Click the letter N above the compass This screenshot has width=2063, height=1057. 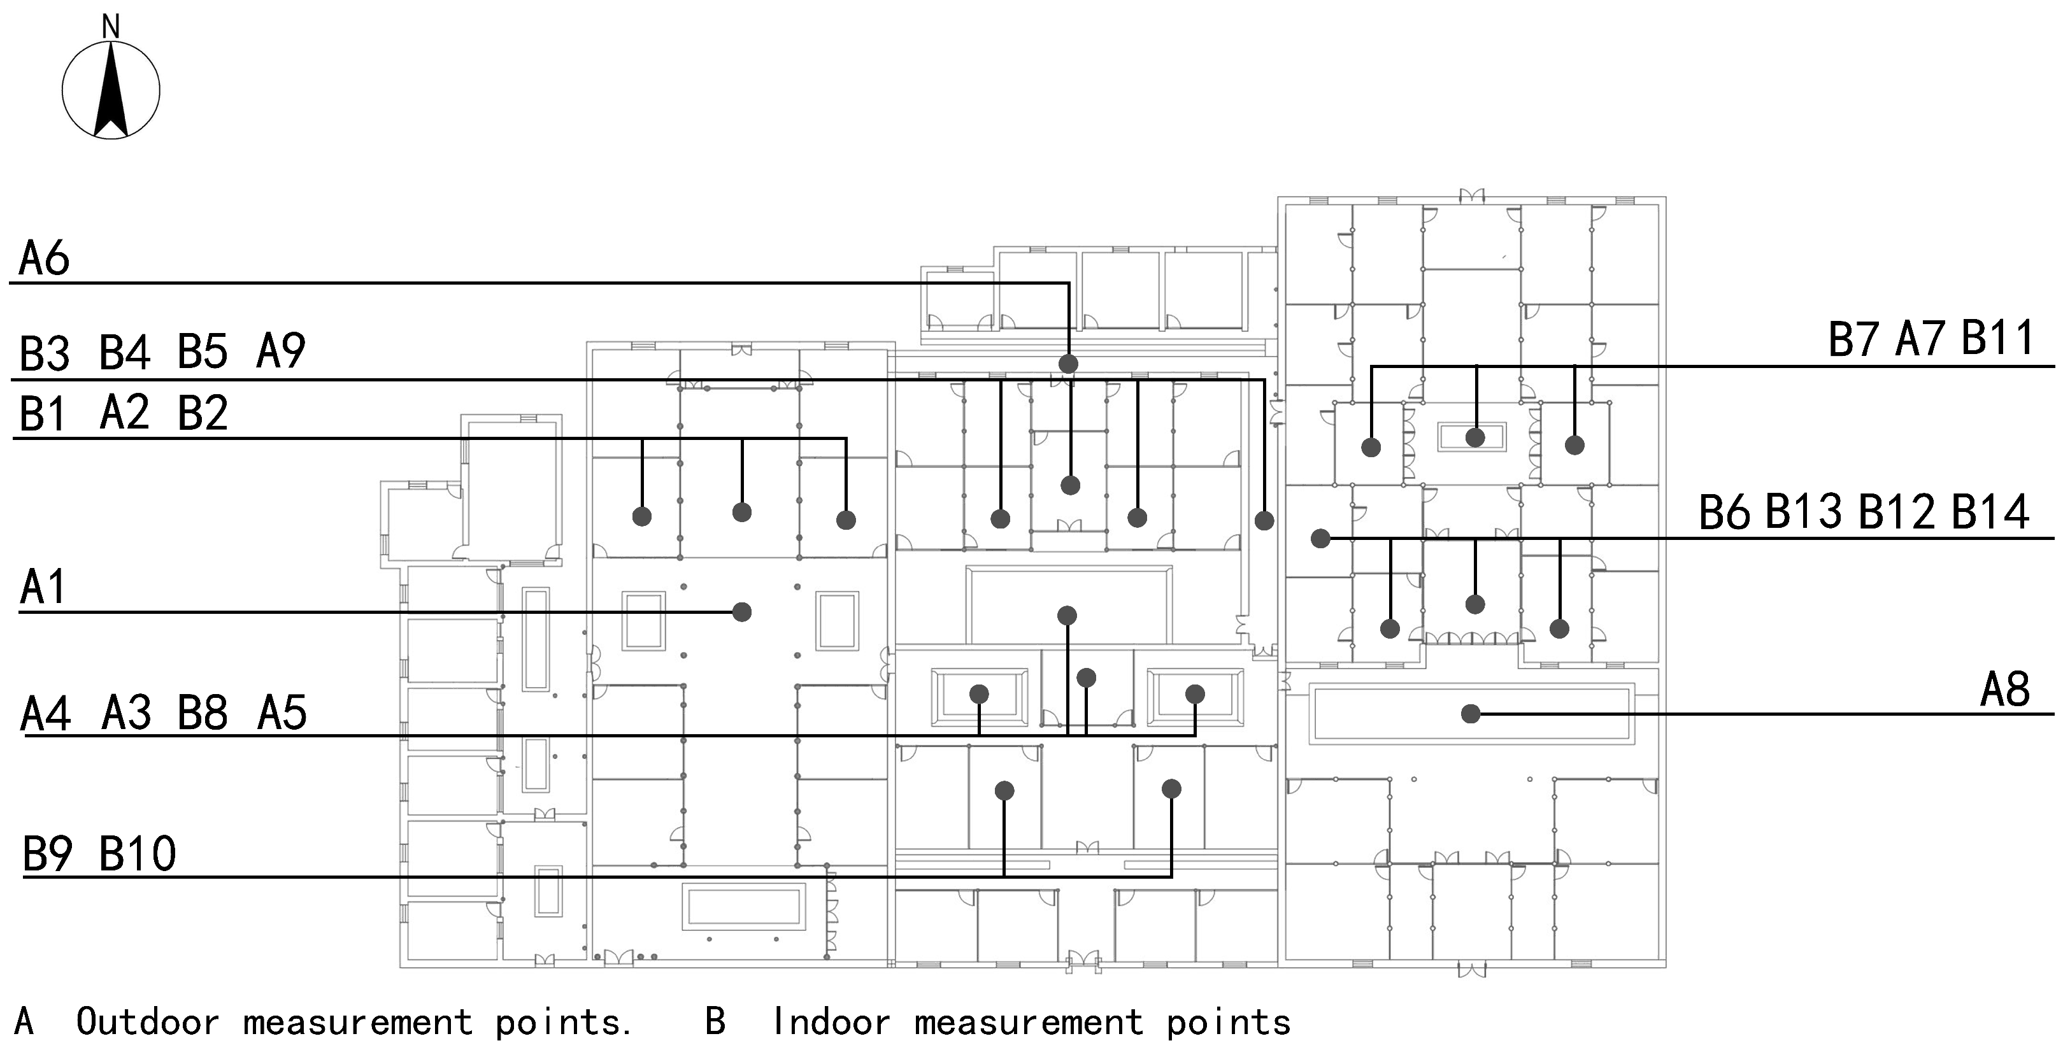(111, 27)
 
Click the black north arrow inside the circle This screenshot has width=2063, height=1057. (111, 92)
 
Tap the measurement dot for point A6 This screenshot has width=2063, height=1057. (1068, 364)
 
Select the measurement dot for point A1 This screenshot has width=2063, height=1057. (741, 612)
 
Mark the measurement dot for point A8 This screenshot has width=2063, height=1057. (1471, 713)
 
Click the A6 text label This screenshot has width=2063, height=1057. (44, 259)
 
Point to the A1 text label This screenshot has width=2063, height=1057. (43, 587)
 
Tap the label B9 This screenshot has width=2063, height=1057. (47, 854)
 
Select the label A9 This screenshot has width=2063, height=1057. (280, 351)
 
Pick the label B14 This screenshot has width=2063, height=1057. (1990, 512)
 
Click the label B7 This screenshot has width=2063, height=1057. (1853, 339)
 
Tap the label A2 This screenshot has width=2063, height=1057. (124, 413)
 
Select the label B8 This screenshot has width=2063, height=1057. (203, 713)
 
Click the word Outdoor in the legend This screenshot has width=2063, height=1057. (147, 1023)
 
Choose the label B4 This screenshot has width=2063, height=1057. (124, 352)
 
